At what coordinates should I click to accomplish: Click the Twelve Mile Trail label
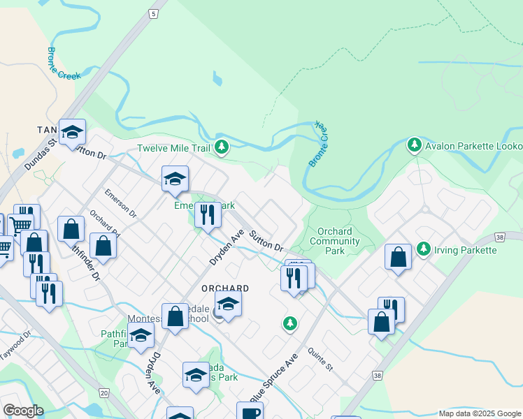173,148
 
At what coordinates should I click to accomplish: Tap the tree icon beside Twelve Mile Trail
222,146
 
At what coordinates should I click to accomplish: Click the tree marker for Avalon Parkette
415,145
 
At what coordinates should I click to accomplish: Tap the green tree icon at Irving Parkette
423,249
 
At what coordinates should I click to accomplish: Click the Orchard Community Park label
336,241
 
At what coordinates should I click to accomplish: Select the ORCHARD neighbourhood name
225,288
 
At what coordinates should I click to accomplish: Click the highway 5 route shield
152,13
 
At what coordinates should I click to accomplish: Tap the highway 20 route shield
103,394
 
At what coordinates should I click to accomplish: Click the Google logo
23,411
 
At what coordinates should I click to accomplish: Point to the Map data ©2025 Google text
480,413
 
